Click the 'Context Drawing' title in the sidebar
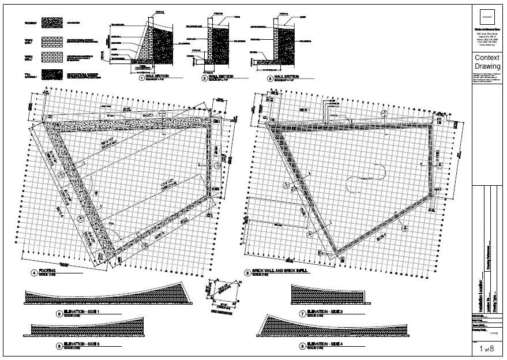point(487,62)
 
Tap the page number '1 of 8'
point(487,348)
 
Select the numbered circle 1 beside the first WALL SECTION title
point(141,77)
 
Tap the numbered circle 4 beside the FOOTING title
point(35,272)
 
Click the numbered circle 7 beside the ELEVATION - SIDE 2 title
point(302,314)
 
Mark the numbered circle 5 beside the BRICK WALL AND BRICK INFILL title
point(247,272)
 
